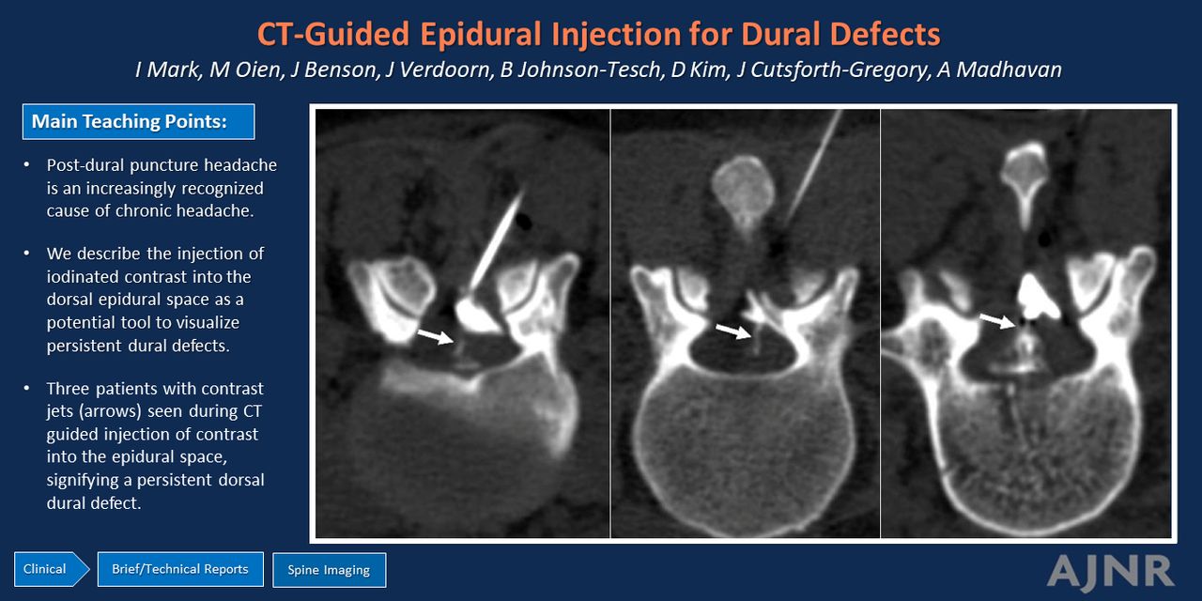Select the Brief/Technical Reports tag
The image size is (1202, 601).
(180, 569)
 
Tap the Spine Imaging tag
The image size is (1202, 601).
(329, 570)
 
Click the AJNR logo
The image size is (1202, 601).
(1111, 572)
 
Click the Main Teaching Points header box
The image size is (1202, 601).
(138, 121)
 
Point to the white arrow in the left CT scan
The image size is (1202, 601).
(435, 336)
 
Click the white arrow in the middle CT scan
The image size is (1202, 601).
(733, 331)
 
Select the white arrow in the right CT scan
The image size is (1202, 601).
(997, 320)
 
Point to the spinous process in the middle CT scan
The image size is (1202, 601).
(743, 193)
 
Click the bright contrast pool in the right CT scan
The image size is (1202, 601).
(1036, 298)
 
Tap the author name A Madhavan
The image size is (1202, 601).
(999, 69)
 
